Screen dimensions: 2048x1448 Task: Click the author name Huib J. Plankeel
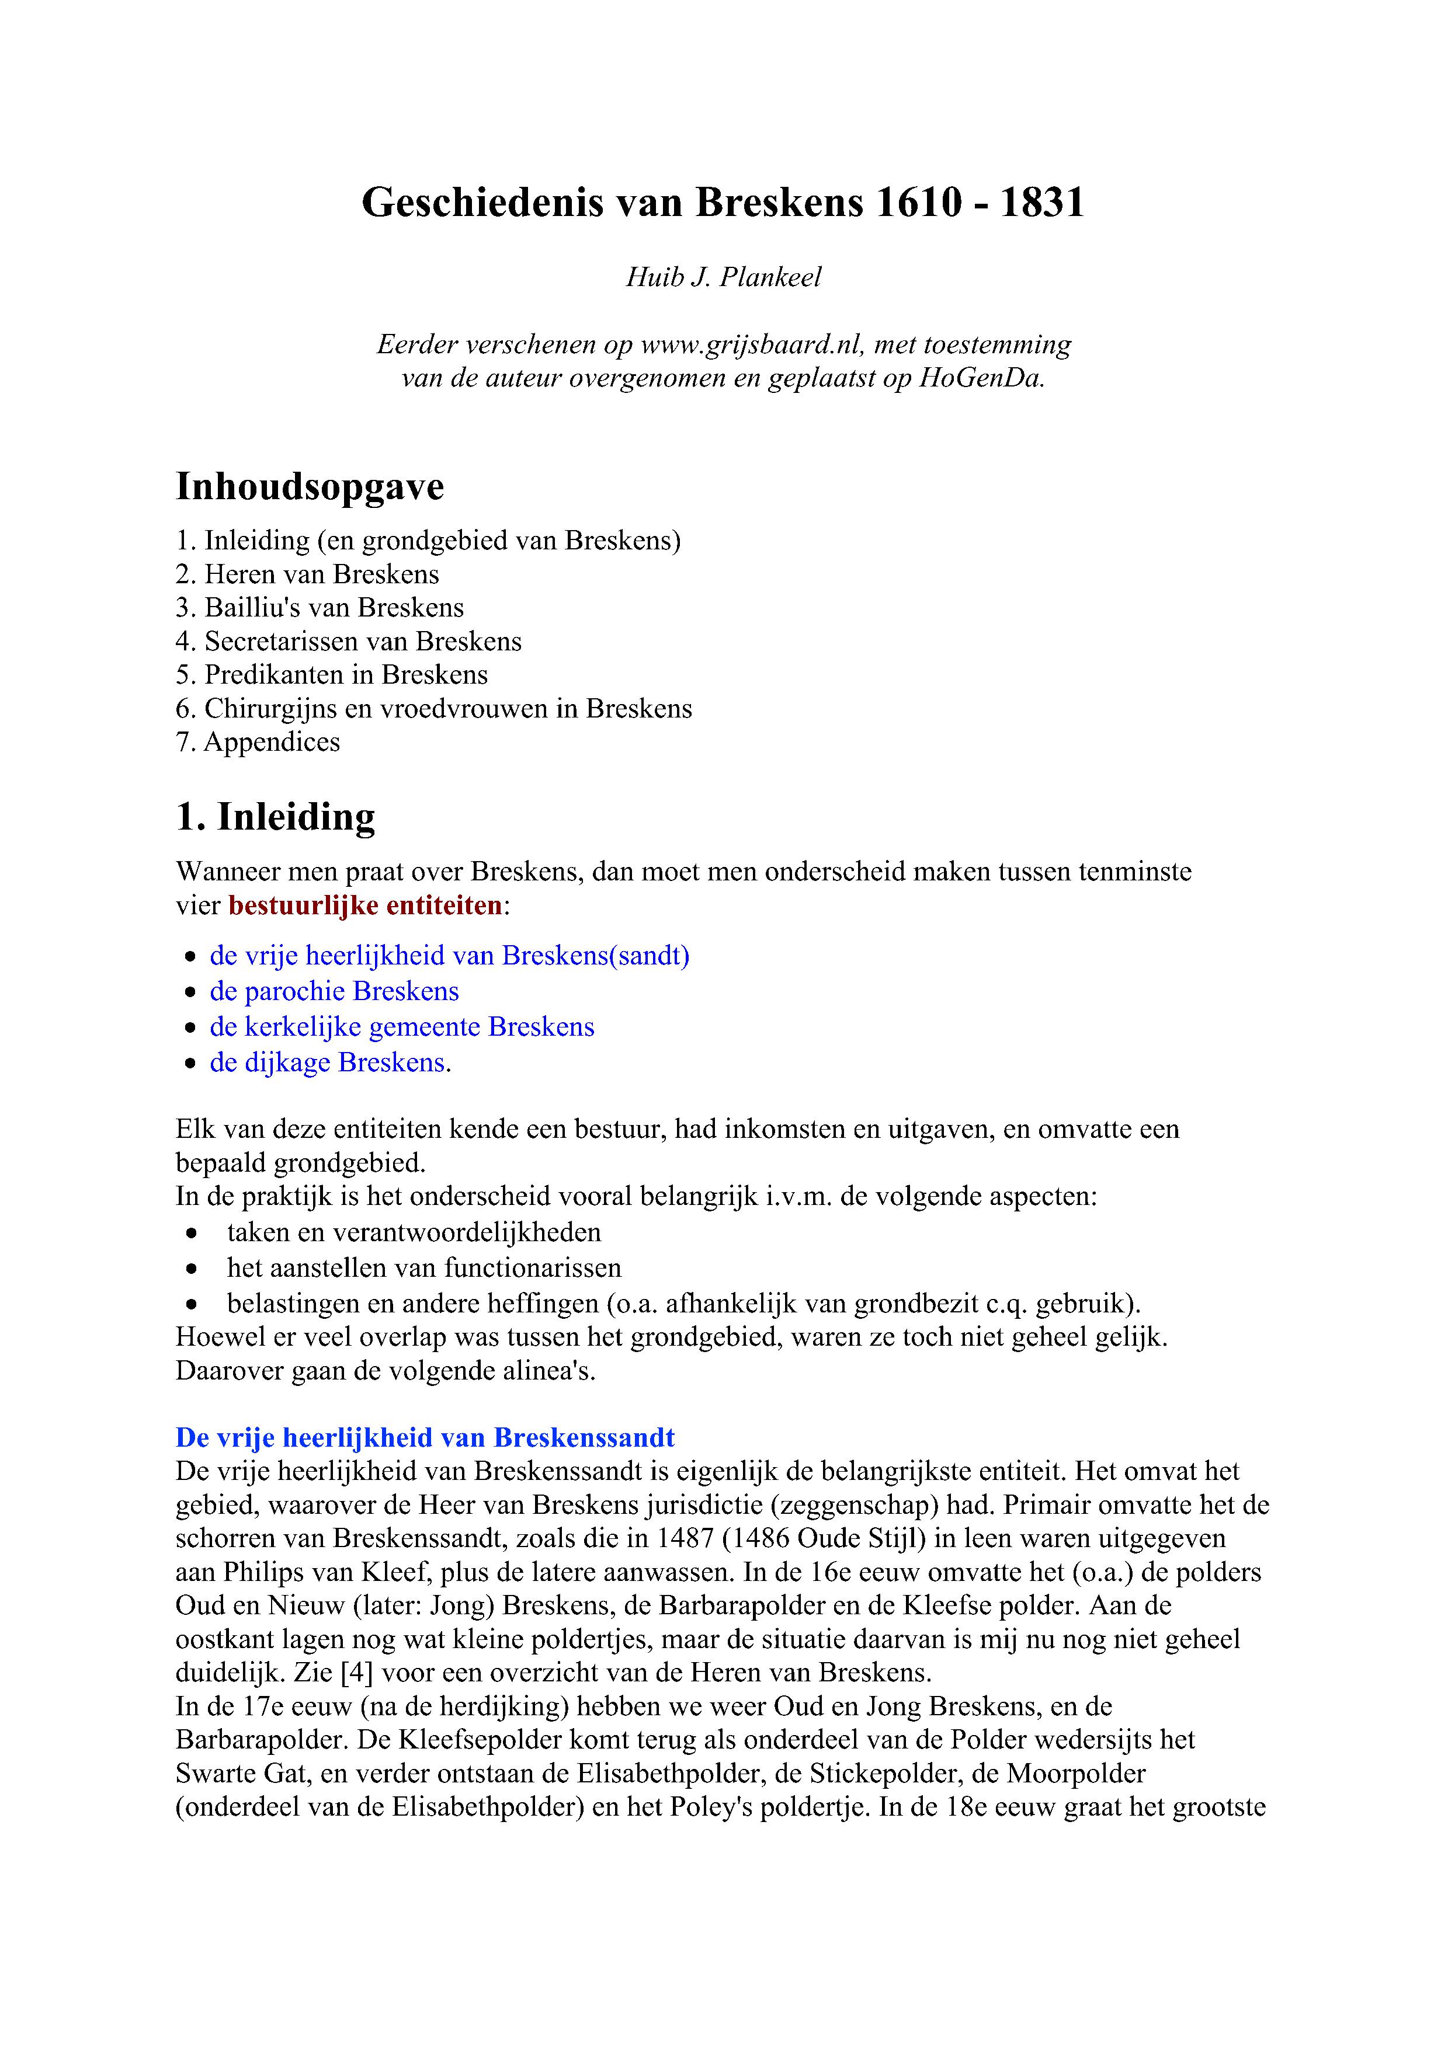pyautogui.click(x=724, y=277)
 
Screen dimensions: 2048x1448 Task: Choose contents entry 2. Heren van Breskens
pyautogui.click(x=308, y=574)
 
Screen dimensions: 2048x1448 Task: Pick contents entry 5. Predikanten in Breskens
pyautogui.click(x=332, y=675)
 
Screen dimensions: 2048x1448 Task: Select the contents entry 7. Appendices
pyautogui.click(x=258, y=742)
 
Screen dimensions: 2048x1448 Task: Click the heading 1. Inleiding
pyautogui.click(x=276, y=817)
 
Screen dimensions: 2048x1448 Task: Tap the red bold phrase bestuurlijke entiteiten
pyautogui.click(x=366, y=906)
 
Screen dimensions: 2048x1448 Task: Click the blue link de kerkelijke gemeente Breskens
pyautogui.click(x=402, y=1028)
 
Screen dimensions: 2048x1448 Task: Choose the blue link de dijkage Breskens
pyautogui.click(x=328, y=1063)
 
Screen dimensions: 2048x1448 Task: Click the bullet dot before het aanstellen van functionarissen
pyautogui.click(x=191, y=1269)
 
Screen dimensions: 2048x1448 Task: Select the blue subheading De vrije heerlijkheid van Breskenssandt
pyautogui.click(x=425, y=1438)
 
